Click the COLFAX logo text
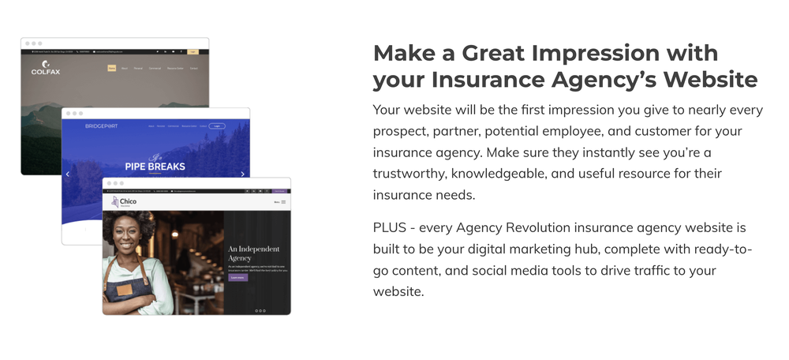[45, 72]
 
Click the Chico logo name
[127, 201]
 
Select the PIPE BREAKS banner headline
[155, 167]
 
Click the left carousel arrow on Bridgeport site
[68, 174]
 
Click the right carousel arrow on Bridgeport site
[242, 174]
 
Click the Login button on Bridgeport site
[217, 126]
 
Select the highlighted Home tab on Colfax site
[112, 69]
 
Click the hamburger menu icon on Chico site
[283, 202]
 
